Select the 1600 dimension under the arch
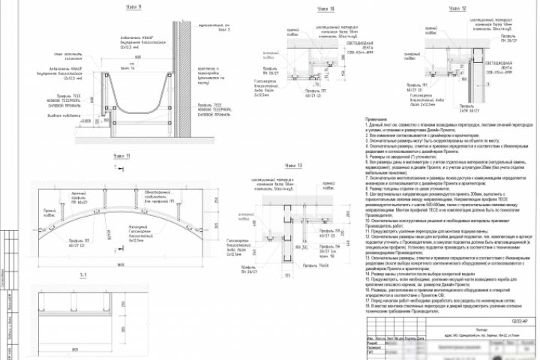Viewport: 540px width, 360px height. [124, 265]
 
